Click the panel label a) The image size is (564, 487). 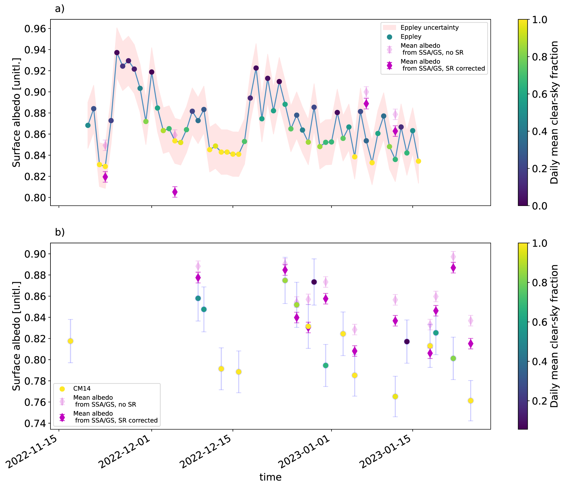pyautogui.click(x=60, y=9)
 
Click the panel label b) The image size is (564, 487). pyautogui.click(x=60, y=232)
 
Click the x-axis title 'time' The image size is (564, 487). pyautogui.click(x=270, y=477)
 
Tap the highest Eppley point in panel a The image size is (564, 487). pyautogui.click(x=117, y=53)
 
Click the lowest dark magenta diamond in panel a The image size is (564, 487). pyautogui.click(x=175, y=192)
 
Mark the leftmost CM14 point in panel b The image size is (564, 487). pyautogui.click(x=70, y=341)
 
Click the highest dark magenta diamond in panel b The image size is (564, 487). pyautogui.click(x=453, y=268)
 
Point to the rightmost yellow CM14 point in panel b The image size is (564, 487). pyautogui.click(x=470, y=401)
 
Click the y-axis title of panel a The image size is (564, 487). pyautogui.click(x=17, y=112)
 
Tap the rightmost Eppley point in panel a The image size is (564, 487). pyautogui.click(x=419, y=161)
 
